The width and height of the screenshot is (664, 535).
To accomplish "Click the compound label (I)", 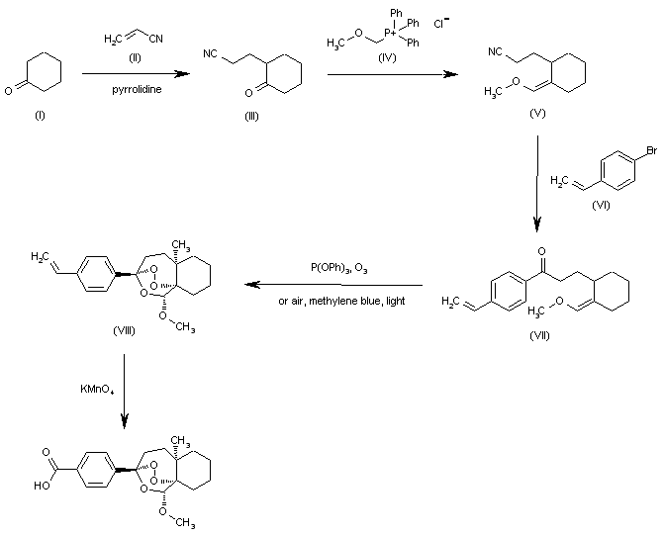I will [40, 116].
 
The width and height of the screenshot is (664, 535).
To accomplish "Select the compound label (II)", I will [136, 56].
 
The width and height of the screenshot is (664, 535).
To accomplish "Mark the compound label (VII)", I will [539, 335].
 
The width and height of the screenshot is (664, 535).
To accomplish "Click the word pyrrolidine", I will [137, 89].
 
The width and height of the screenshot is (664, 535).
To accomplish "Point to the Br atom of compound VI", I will [650, 151].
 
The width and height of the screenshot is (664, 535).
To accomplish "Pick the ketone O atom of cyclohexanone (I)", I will [9, 89].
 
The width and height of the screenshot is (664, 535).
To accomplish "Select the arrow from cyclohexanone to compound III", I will [136, 73].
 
